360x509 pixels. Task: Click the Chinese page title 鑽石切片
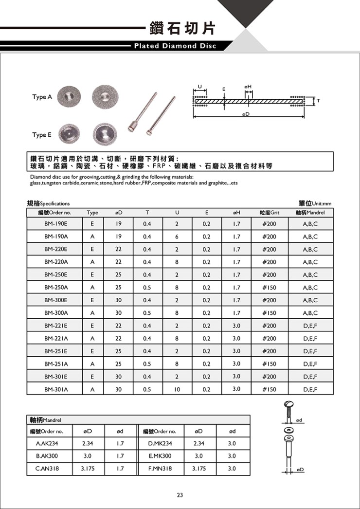click(186, 28)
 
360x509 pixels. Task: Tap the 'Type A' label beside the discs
click(42, 97)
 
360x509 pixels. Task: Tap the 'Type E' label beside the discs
click(42, 135)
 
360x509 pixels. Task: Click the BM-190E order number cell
click(55, 224)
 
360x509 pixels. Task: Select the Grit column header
click(270, 213)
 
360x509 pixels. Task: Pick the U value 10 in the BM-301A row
click(177, 389)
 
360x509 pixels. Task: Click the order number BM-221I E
click(55, 326)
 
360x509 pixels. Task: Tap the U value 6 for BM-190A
click(177, 236)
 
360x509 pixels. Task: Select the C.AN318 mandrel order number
click(46, 469)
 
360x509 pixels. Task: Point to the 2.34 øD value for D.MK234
click(198, 443)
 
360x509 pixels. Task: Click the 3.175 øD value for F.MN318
click(198, 469)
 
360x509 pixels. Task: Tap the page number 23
click(180, 495)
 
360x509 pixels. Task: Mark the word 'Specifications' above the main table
click(54, 204)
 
